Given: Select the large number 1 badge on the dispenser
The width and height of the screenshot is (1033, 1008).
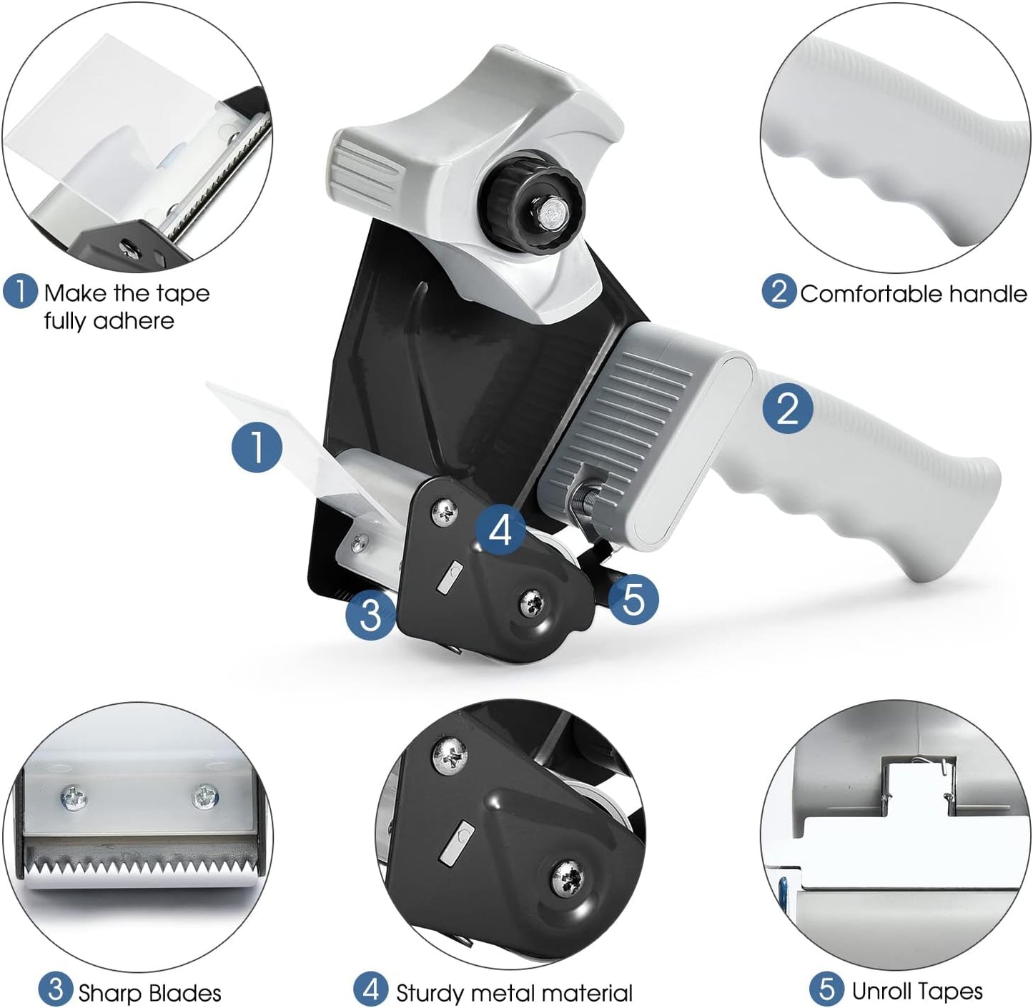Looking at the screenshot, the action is [257, 448].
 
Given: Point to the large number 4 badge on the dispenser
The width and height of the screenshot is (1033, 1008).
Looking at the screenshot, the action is [500, 530].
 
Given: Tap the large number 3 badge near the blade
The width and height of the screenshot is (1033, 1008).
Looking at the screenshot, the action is [370, 615].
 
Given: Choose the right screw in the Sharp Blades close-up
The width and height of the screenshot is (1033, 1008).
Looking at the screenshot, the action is [205, 798].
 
